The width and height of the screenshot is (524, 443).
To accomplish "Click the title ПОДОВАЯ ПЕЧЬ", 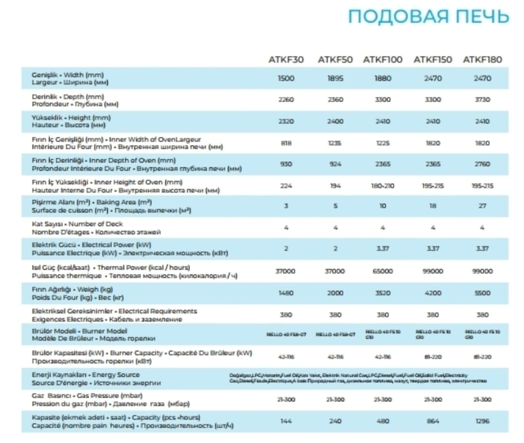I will click(x=428, y=16).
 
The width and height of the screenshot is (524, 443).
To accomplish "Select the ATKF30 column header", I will click(x=286, y=60).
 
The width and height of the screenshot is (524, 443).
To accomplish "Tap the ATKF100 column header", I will click(x=383, y=60).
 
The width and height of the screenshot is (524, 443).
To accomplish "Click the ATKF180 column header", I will click(x=482, y=60).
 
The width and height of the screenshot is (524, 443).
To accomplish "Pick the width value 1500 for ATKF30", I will click(x=286, y=78).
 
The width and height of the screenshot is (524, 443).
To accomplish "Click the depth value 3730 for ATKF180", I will click(x=482, y=99).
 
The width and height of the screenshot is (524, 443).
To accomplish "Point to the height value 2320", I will click(x=286, y=121).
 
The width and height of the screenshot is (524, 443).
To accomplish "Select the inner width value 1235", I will click(x=335, y=143).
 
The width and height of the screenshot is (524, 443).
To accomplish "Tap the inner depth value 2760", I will click(x=482, y=164).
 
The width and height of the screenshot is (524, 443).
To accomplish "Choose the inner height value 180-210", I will click(x=383, y=186).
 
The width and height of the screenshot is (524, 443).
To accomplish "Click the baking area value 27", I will click(x=482, y=206).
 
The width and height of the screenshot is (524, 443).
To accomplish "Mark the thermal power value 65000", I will click(x=383, y=271).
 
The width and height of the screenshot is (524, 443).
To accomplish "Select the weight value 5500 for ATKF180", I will click(x=482, y=293).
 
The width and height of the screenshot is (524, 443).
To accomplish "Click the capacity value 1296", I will click(x=482, y=421).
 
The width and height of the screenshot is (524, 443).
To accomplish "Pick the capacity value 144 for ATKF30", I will click(x=286, y=421).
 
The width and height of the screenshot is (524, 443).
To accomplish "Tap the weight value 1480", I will click(x=286, y=293).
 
